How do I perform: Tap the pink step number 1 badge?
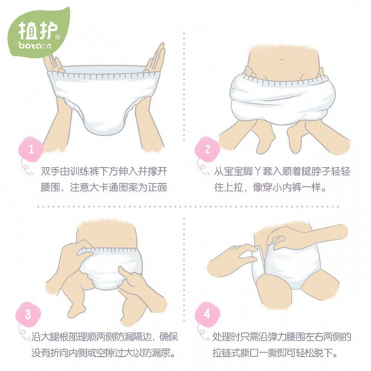coord(31,149)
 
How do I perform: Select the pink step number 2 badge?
coord(207,149)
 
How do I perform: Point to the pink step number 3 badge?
coord(27,315)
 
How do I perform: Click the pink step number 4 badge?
coord(207,314)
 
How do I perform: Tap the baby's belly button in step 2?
coord(282,59)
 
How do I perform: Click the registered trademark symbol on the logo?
coord(57,38)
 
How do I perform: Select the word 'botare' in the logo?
coord(35,46)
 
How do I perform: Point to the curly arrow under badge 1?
coord(26,168)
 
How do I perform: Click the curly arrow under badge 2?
coord(203,168)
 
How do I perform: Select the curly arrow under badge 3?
coord(24,332)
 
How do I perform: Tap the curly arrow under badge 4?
coord(203,332)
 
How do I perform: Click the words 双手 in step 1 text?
coord(49,172)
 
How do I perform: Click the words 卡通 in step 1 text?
coord(117,187)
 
